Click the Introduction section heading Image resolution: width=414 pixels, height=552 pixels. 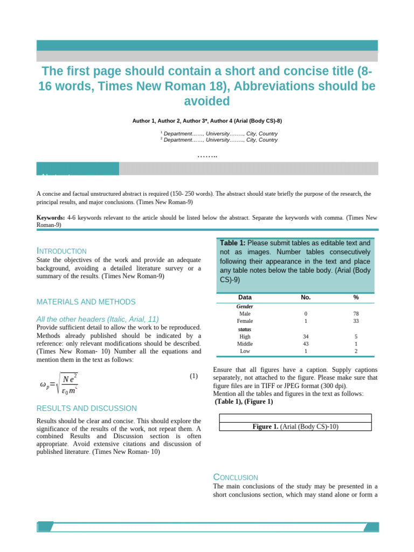(61, 251)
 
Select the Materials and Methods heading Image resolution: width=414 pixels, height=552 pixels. (86, 302)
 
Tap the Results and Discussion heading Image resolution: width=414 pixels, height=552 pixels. (86, 409)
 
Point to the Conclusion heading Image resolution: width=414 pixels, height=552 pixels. (236, 478)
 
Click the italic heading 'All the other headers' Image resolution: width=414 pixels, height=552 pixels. (98, 319)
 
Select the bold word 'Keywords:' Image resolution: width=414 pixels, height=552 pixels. (51, 218)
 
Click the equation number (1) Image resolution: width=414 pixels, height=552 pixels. (194, 376)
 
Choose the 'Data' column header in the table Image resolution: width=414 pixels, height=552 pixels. (245, 298)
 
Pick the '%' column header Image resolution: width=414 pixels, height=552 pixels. (356, 298)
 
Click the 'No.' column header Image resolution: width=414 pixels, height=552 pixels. (306, 298)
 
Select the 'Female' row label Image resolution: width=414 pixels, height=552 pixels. (245, 321)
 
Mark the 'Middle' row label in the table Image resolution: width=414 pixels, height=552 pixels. (245, 343)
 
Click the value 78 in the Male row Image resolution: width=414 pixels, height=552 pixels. (356, 313)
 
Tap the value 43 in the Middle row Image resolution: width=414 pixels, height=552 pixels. (306, 343)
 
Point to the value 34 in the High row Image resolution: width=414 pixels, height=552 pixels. (306, 336)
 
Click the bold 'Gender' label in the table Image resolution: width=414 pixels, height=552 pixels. (245, 306)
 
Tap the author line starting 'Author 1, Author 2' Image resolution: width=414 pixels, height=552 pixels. (207, 121)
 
